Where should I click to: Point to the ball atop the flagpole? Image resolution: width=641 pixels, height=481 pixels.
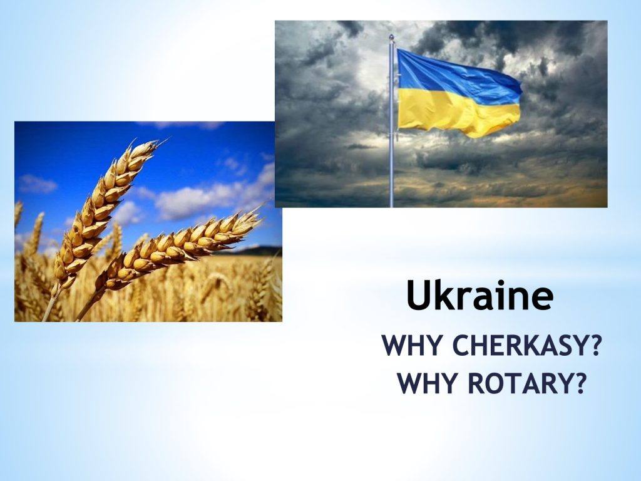point(391,37)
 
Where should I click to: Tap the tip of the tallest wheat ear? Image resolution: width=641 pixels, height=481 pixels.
point(167,138)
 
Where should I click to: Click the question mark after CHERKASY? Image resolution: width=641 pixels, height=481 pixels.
point(594,346)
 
